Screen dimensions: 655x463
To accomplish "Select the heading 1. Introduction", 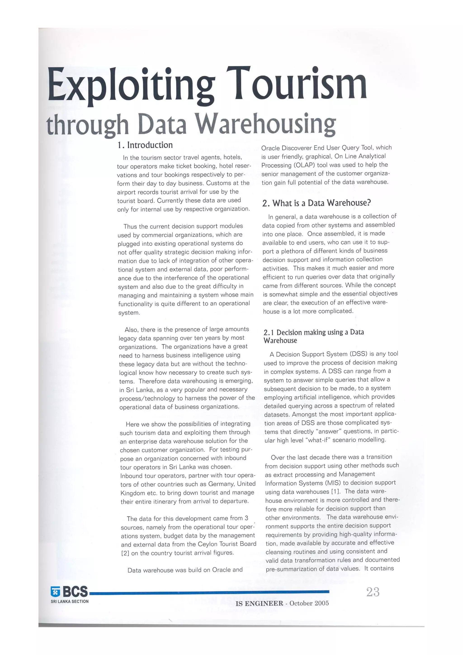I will click(x=145, y=145).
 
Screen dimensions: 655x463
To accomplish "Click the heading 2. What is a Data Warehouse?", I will click(x=317, y=203).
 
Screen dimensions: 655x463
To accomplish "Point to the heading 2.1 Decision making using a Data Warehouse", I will click(x=314, y=336).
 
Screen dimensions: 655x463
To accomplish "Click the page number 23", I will click(x=373, y=592).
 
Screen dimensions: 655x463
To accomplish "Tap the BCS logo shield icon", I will click(x=55, y=592).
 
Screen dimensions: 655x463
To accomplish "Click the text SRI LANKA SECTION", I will click(x=70, y=601).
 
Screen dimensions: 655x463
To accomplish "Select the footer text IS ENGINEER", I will click(x=259, y=603).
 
